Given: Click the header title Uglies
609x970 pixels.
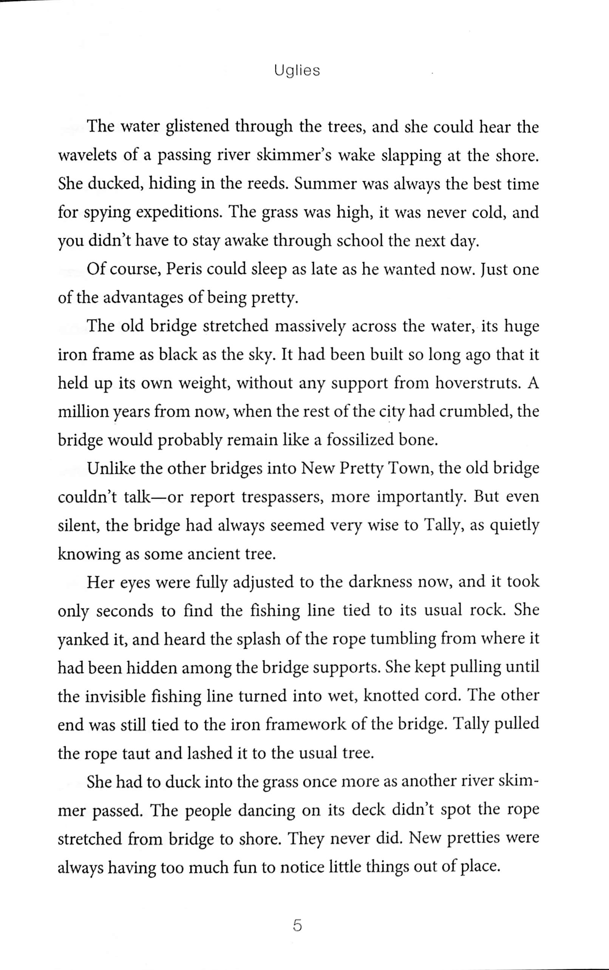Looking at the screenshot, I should (297, 71).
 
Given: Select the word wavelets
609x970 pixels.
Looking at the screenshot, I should (87, 156).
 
